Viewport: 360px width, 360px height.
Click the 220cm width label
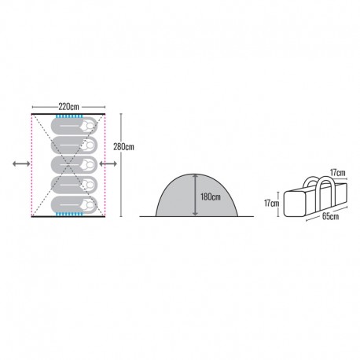tap(68, 107)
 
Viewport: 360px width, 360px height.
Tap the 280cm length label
tap(123, 147)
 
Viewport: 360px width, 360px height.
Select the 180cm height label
tap(211, 197)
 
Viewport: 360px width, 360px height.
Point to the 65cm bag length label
tap(330, 216)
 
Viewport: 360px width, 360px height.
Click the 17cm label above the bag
tap(337, 173)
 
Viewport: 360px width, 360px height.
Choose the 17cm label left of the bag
tap(272, 203)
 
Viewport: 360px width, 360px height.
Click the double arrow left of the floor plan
tap(21, 163)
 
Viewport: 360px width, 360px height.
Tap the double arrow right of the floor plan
tap(108, 163)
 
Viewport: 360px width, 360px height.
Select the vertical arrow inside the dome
tap(195, 195)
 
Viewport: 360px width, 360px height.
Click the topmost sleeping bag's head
tap(90, 126)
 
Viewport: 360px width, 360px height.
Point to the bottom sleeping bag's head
tap(90, 204)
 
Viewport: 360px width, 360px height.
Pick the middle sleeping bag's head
tap(90, 165)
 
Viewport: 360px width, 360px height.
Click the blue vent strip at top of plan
tap(69, 116)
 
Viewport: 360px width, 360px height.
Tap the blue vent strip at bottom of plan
tap(69, 215)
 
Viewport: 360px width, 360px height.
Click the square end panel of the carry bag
tap(295, 204)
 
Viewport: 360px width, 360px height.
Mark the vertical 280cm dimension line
tap(121, 165)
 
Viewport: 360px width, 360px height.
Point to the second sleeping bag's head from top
tap(90, 145)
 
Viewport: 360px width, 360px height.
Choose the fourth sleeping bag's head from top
tap(90, 185)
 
